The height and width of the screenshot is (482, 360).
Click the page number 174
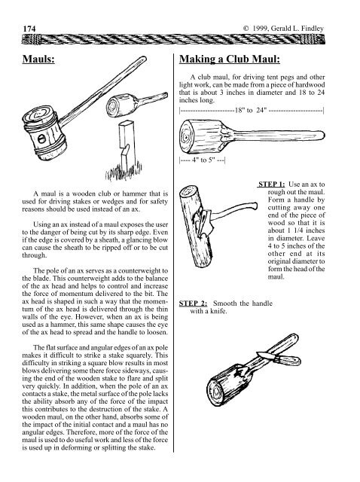[x=29, y=29]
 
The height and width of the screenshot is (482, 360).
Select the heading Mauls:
[x=38, y=59]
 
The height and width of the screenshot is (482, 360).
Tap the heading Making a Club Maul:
[x=230, y=59]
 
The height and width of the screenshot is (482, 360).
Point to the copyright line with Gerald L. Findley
[x=283, y=29]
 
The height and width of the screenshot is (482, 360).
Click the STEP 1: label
[x=271, y=185]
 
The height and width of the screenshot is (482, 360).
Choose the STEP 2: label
[x=193, y=304]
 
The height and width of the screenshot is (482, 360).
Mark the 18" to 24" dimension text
[x=251, y=111]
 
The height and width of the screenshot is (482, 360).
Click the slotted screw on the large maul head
[x=42, y=139]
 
